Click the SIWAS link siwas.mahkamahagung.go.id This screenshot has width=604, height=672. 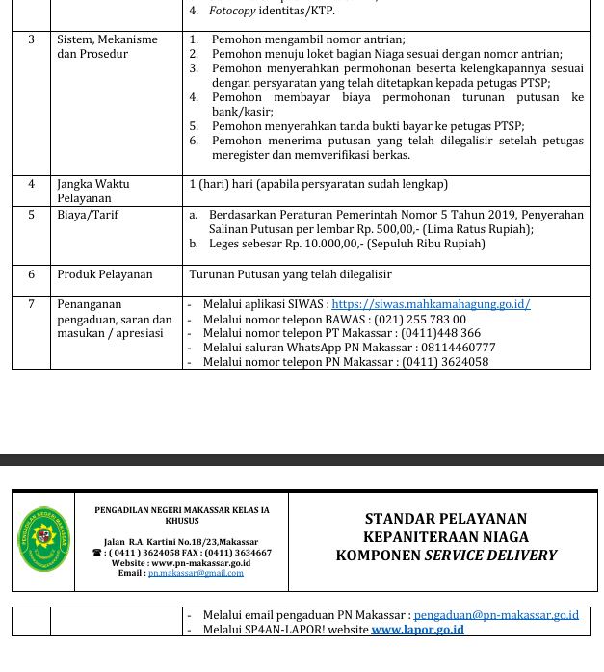[431, 304]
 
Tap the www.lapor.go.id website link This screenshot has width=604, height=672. [417, 630]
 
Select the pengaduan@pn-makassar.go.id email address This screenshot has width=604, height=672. [496, 614]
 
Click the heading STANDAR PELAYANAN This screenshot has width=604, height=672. [446, 519]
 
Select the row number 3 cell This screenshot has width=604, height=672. [31, 39]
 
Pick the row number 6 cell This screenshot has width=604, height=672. [31, 274]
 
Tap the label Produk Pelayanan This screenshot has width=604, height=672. [104, 274]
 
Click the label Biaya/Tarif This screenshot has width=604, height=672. [88, 215]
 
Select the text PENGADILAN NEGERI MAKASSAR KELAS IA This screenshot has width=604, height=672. [182, 510]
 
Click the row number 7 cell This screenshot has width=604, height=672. [31, 304]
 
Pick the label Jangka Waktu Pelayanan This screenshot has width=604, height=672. [93, 191]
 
